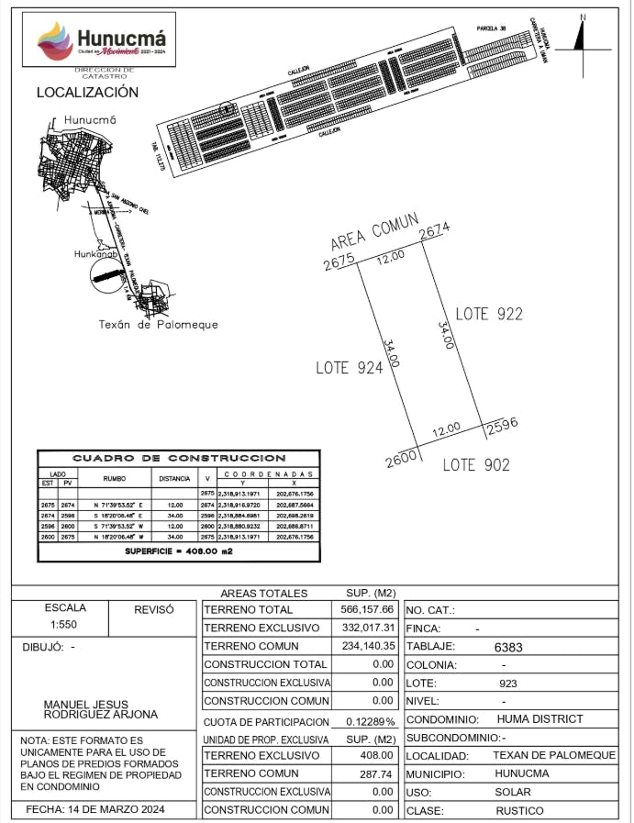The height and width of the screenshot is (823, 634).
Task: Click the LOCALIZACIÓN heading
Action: coord(87,93)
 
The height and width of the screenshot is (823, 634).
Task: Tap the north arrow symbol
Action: coord(579,36)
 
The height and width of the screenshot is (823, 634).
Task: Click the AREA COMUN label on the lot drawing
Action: coord(374,231)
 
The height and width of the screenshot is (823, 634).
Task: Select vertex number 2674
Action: coord(435,230)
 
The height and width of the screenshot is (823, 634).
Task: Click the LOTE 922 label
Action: coord(488,314)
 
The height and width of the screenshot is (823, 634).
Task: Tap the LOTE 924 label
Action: coord(349,367)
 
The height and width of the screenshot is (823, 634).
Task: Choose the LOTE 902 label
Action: coord(475,465)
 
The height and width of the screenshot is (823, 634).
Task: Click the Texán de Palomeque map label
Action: coord(158,324)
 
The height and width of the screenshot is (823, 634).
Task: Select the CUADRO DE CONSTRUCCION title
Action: coord(179,457)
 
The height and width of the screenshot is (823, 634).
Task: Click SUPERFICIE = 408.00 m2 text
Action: coord(178,553)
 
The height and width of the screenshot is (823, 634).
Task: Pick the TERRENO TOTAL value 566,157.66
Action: coord(366,609)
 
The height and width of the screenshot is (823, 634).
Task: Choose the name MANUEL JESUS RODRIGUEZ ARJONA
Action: coord(101,709)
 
